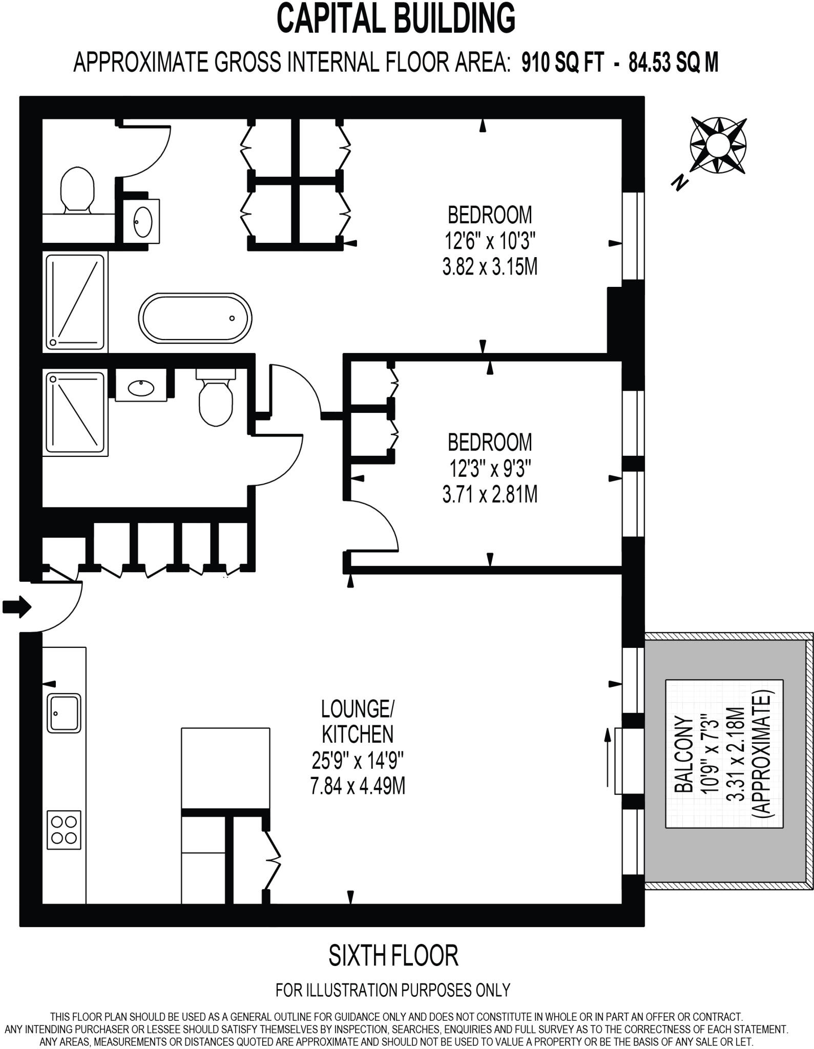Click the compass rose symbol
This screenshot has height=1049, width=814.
click(718, 144)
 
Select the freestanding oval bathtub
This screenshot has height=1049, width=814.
click(195, 318)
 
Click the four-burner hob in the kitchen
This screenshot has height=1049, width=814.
click(65, 830)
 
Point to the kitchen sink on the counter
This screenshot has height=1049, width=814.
click(64, 712)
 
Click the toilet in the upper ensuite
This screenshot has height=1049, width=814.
click(77, 190)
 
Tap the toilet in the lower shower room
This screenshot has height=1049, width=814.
click(215, 404)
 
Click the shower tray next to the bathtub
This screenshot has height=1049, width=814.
click(75, 302)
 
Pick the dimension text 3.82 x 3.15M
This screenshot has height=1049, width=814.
click(490, 267)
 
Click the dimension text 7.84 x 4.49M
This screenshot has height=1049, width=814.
click(358, 785)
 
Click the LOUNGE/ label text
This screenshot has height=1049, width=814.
click(358, 709)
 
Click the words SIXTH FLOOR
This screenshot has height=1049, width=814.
click(393, 956)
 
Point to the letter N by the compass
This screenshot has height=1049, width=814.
click(680, 181)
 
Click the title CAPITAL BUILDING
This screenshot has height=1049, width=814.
click(396, 18)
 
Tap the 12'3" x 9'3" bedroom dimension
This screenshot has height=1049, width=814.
click(490, 468)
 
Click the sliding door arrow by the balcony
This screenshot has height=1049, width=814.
click(608, 758)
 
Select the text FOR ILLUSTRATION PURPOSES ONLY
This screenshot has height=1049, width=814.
click(393, 990)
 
